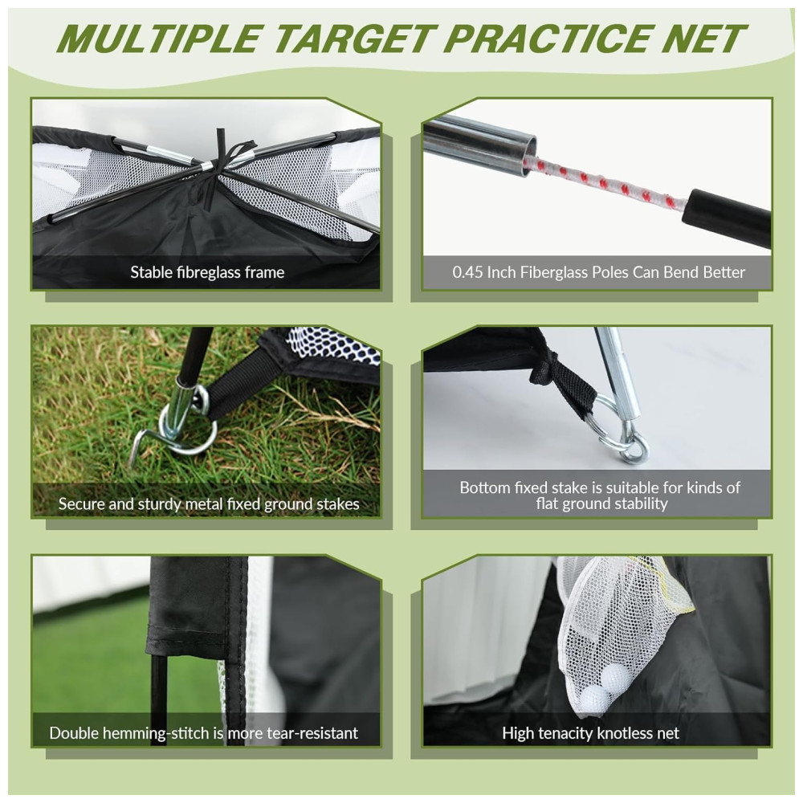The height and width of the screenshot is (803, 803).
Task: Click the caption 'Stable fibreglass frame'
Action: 207,272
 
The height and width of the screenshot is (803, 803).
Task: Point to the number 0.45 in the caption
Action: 467,272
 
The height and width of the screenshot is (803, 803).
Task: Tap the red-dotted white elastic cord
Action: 605,185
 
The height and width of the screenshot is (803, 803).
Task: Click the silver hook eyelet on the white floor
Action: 636,451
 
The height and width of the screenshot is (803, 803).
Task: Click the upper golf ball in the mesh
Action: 613,677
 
